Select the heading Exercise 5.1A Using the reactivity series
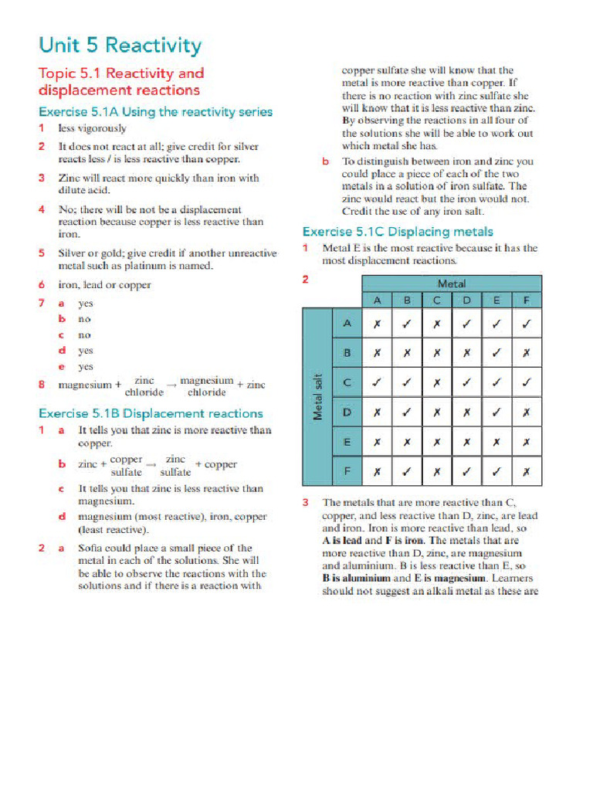pos(155,112)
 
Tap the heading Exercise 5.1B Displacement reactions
pos(151,413)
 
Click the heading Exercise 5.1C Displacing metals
pos(397,231)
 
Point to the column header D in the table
pos(466,300)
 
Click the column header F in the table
pos(526,300)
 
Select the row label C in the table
pos(347,382)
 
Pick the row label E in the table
pos(347,442)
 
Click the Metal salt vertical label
pos(317,395)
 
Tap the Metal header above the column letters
pos(452,283)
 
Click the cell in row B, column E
pos(496,353)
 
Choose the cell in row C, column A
pos(377,382)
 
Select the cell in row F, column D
pos(466,470)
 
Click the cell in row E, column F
pos(526,442)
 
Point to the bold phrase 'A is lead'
pos(341,541)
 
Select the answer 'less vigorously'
pos(93,128)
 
